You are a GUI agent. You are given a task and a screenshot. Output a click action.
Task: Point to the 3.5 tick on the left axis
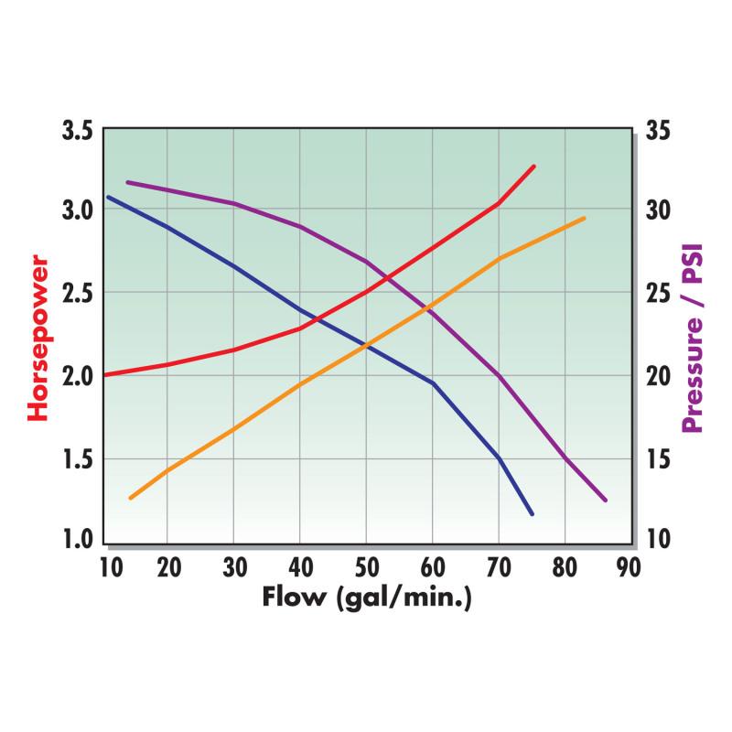tap(77, 130)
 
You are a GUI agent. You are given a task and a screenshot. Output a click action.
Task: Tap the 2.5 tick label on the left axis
tap(77, 294)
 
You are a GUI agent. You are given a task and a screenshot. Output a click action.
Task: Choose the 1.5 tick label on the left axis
tap(77, 457)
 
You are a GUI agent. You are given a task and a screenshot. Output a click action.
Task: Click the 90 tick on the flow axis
tap(628, 567)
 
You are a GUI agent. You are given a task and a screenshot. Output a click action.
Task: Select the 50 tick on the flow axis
tap(367, 567)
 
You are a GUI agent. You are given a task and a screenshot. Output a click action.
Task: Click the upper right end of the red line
tap(534, 167)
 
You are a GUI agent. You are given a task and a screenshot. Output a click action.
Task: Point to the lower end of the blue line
tap(532, 514)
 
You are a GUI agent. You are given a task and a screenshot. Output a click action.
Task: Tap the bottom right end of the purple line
tap(605, 501)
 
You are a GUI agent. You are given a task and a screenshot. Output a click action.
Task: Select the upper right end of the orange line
tap(584, 218)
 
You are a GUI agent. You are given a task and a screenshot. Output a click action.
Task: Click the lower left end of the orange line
tap(131, 498)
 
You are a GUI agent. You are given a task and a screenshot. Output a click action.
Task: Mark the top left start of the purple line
tap(127, 182)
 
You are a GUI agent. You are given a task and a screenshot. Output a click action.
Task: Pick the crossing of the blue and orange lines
tap(366, 345)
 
